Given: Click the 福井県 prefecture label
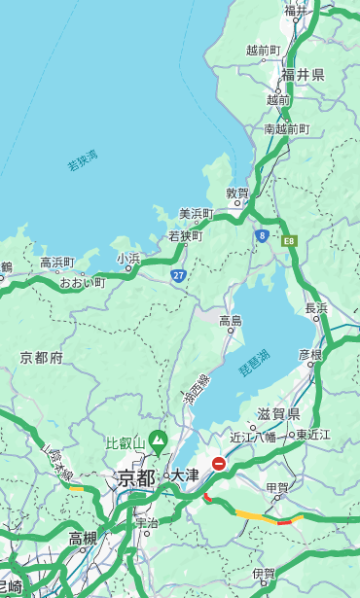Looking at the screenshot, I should pyautogui.click(x=303, y=75).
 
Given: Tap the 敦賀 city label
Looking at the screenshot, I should pyautogui.click(x=237, y=193).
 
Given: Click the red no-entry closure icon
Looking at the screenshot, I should pyautogui.click(x=219, y=464).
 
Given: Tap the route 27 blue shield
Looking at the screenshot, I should pyautogui.click(x=179, y=275).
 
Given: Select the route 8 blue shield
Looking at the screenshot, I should pyautogui.click(x=262, y=235).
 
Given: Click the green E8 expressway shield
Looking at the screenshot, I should pyautogui.click(x=288, y=239).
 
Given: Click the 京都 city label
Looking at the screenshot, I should pyautogui.click(x=135, y=477).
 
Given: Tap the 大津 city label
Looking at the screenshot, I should pyautogui.click(x=184, y=475).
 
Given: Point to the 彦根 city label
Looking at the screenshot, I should pyautogui.click(x=309, y=354).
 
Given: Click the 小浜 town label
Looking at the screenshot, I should pyautogui.click(x=128, y=258).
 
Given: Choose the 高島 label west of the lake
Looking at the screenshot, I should pyautogui.click(x=231, y=320).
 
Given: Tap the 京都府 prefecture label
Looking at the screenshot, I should pyautogui.click(x=42, y=358).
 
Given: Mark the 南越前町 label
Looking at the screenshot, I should pyautogui.click(x=286, y=128).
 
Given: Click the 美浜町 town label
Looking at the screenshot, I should pyautogui.click(x=196, y=213).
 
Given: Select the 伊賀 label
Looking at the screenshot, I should pyautogui.click(x=264, y=574).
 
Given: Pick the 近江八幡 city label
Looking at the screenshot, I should pyautogui.click(x=253, y=436).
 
